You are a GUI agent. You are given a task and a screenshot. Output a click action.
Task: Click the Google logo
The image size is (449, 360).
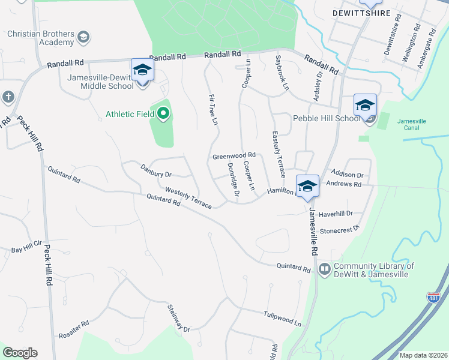[20, 353]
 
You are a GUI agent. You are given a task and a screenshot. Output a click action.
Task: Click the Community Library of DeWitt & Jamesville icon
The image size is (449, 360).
[325, 269]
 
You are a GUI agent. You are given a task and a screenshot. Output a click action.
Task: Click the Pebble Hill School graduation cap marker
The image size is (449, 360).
[365, 106]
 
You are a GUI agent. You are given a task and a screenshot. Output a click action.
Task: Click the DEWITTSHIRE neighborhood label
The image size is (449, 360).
[361, 13]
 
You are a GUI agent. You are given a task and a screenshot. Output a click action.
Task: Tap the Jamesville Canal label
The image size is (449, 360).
[411, 124]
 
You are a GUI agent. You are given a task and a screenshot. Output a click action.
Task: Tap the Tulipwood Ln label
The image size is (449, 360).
[282, 318]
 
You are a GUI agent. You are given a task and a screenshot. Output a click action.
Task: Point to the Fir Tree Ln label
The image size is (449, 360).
[212, 109]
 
